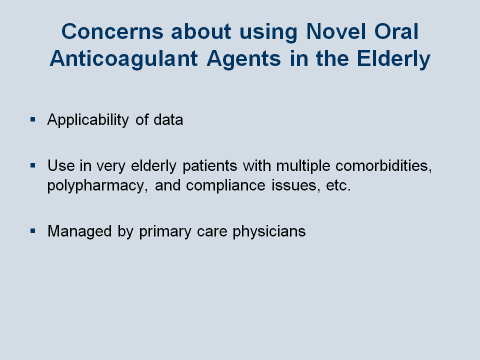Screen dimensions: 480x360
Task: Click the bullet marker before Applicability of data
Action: [33, 119]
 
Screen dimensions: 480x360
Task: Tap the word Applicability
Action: [88, 119]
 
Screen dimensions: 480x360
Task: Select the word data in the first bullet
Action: [168, 119]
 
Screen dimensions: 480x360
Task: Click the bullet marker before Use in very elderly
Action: [33, 165]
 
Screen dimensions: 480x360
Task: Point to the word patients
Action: [210, 166]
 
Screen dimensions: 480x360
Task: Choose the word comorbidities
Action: [384, 165]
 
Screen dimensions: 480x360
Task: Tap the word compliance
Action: [225, 186]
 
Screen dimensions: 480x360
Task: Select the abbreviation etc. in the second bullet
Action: [338, 185]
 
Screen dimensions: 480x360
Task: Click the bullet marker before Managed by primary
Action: [33, 231]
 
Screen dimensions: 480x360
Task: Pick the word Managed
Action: [79, 231]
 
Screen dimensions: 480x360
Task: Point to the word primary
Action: [165, 231]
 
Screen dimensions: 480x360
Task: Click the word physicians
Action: [269, 231]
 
